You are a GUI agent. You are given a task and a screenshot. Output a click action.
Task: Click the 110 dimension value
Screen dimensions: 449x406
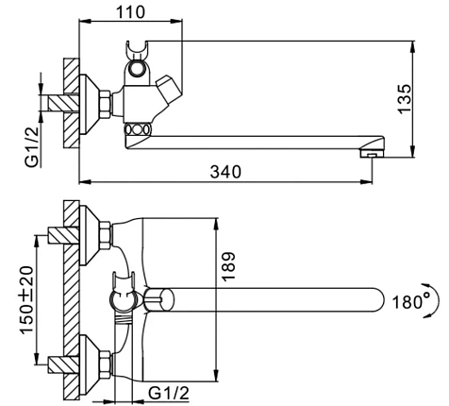(130, 12)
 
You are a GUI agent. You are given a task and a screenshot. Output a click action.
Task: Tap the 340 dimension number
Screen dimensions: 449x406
(225, 172)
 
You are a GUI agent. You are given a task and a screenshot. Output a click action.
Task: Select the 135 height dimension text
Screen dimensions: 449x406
(405, 98)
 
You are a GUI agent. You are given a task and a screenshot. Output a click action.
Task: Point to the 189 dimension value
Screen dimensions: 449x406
(228, 266)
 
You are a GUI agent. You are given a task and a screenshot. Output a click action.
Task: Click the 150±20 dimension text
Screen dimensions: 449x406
(26, 299)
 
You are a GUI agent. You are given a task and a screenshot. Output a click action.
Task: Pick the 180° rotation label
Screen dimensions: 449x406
(411, 302)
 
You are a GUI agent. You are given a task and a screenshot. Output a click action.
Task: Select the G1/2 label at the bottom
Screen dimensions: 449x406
(169, 393)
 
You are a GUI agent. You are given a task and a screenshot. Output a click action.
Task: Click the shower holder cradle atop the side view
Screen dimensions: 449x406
(137, 50)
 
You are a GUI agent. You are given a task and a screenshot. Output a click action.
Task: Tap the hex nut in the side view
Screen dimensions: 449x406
(105, 104)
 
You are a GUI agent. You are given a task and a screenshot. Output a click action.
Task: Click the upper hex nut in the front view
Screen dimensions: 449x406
(105, 235)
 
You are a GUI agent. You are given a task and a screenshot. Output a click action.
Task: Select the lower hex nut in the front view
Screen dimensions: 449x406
(105, 364)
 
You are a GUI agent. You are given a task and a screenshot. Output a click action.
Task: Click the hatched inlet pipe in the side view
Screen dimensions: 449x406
(63, 103)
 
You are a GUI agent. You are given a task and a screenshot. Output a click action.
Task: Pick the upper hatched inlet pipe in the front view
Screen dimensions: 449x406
(63, 235)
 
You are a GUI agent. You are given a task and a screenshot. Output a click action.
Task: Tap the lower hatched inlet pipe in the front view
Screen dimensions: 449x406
(63, 364)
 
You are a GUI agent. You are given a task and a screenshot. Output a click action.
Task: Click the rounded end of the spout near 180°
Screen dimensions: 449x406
(379, 300)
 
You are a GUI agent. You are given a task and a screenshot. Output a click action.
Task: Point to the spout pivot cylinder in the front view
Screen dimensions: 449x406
(158, 299)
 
